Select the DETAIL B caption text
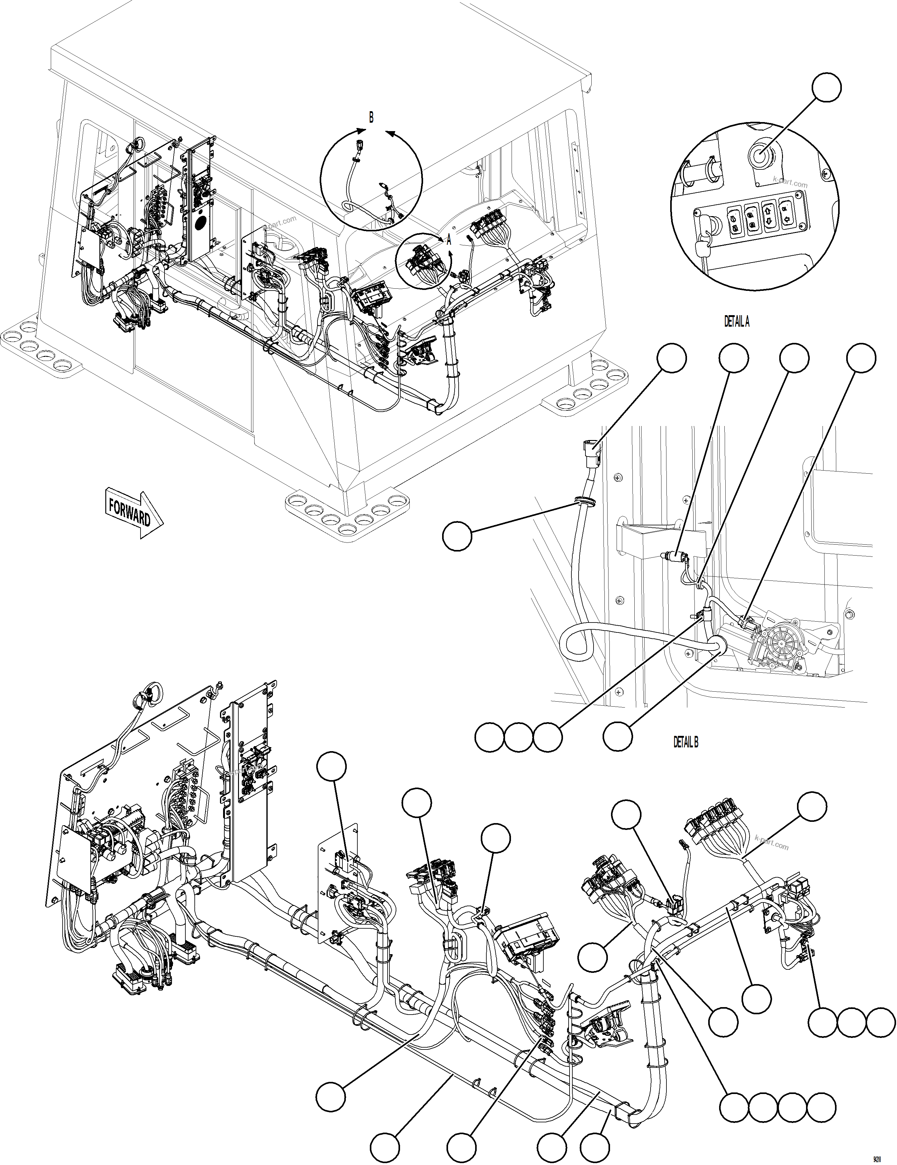(685, 742)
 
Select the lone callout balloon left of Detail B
(457, 536)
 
